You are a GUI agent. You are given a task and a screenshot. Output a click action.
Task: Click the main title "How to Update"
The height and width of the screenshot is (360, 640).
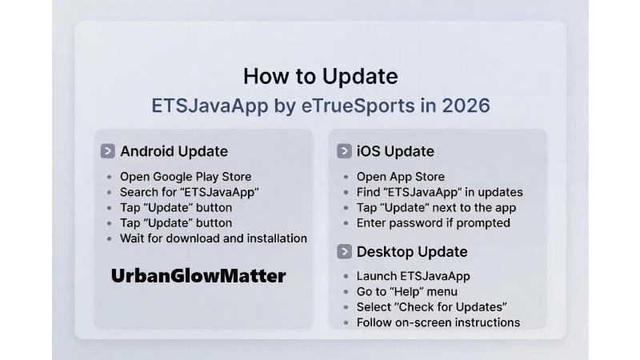coord(320,77)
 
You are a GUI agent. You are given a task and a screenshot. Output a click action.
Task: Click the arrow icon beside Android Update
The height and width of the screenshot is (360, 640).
coord(108,151)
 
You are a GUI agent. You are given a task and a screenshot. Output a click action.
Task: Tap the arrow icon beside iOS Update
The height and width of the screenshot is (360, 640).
coord(345,151)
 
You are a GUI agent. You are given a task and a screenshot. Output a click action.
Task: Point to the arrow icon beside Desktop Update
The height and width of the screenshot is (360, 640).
coord(345,251)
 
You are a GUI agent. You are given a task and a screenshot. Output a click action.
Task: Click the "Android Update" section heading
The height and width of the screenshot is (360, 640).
coord(174,151)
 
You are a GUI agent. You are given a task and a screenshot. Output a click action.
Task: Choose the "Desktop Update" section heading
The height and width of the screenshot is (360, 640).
coord(412,251)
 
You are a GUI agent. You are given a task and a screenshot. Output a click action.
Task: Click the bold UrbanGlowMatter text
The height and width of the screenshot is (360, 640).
coord(198,276)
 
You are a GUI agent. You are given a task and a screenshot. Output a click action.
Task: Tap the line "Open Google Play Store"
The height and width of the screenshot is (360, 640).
coord(186,177)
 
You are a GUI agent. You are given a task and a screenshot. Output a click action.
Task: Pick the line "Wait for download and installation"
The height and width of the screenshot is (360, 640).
coord(214,238)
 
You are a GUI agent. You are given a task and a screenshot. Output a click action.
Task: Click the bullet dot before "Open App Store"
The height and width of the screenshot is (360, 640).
coord(346,178)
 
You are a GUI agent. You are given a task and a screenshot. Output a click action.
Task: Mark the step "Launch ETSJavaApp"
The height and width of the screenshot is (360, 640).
coord(413,276)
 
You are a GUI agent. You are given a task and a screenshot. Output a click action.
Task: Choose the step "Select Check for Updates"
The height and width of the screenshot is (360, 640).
coord(432,307)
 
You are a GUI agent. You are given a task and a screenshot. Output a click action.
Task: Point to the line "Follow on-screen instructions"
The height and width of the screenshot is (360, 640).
coord(438,322)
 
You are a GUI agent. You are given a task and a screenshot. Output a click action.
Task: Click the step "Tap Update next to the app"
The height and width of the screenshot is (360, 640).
coord(436,208)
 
